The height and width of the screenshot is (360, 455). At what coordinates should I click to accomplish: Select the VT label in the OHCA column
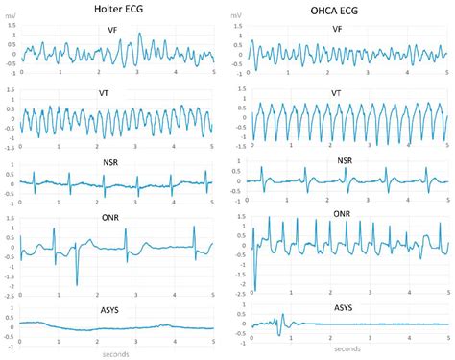(336, 92)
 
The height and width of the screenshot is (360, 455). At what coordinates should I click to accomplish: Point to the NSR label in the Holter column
(112, 163)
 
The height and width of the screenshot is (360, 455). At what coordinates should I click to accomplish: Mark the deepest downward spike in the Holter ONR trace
(77, 284)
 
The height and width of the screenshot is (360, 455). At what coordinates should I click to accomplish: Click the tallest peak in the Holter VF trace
(139, 35)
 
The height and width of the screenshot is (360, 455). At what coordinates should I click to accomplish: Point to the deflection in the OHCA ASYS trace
(281, 324)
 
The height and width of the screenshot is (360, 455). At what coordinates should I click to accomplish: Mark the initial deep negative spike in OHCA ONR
(254, 289)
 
